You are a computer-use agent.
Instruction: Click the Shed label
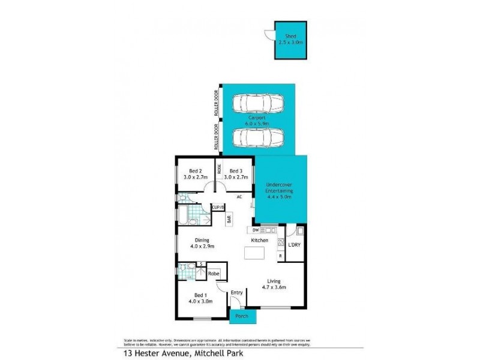[291, 37]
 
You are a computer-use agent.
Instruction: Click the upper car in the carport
[259, 103]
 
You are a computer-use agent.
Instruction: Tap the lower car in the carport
[259, 138]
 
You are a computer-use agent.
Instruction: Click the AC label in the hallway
[239, 197]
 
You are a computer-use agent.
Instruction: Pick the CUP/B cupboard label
[218, 208]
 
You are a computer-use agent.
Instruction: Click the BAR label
[229, 220]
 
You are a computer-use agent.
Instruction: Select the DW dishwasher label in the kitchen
[255, 230]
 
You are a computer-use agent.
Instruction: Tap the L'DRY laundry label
[295, 246]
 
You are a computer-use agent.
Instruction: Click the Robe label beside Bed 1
[213, 274]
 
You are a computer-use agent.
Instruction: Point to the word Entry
[236, 293]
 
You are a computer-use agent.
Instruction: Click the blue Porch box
[243, 316]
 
